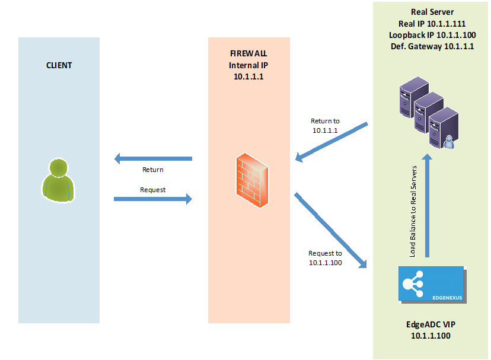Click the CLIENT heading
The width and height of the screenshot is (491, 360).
pos(59,65)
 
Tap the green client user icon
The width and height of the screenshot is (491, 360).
pos(59,180)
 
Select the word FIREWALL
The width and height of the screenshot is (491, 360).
pos(248,54)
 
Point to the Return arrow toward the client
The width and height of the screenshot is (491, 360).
pos(153,159)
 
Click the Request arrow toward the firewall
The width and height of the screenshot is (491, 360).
pos(153,199)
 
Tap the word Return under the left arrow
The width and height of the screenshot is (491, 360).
pos(152,170)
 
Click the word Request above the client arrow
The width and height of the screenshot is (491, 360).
pos(152,190)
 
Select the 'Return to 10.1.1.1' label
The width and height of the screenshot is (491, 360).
pos(325,125)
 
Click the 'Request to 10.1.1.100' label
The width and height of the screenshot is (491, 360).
pos(325,258)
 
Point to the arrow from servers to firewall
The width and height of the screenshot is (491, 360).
pos(332,142)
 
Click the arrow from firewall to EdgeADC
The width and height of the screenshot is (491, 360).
pos(330,229)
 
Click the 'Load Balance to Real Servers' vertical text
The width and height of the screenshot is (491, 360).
pos(413,212)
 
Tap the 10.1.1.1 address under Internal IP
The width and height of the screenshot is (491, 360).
pos(248,77)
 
